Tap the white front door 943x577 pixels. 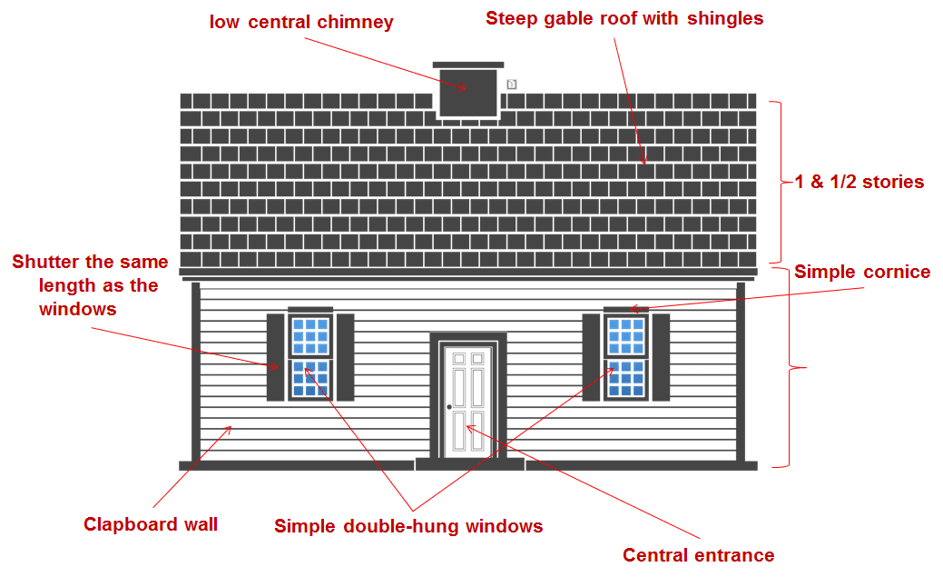pos(468,401)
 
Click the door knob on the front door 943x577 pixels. pos(449,407)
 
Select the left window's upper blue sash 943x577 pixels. pos(310,335)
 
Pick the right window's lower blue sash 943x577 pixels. pos(626,378)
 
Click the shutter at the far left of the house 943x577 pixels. pos(275,357)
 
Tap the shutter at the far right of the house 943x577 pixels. pos(661,357)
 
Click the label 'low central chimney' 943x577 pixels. pos(301,23)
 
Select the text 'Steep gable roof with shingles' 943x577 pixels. pos(624,19)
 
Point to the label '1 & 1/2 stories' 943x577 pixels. pos(859,182)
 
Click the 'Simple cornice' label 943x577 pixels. pos(862,272)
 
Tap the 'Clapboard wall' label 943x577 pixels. pos(151,524)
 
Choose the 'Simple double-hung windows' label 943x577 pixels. pos(408,526)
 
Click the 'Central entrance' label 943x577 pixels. pos(698,554)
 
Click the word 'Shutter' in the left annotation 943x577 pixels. pos(45,262)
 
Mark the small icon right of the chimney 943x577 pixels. pos(511,85)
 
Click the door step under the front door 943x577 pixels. pos(470,463)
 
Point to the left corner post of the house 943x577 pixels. pos(195,373)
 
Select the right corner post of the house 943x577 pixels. pos(741,373)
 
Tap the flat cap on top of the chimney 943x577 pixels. pos(468,65)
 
